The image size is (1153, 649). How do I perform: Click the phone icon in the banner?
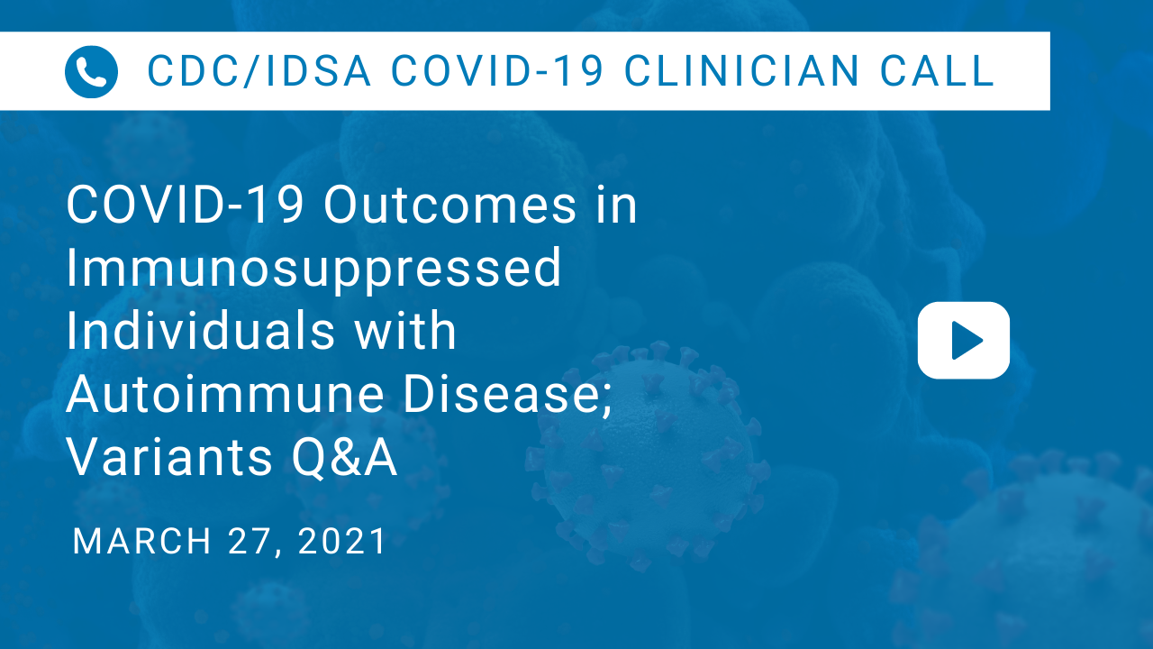[91, 71]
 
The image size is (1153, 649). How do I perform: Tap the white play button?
[964, 341]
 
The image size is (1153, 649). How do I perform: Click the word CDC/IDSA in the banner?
[259, 70]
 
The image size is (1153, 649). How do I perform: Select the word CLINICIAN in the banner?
[741, 70]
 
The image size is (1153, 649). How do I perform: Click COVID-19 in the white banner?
[497, 70]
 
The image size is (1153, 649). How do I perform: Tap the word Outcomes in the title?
[449, 205]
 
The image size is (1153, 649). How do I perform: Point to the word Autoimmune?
[225, 394]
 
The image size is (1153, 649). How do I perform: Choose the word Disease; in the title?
[507, 395]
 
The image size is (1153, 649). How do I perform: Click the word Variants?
[168, 457]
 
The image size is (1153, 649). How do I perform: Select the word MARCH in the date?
[142, 542]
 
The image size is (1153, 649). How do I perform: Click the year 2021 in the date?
[341, 542]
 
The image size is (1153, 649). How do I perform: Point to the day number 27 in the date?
[250, 542]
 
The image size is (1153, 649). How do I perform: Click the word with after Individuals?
[405, 330]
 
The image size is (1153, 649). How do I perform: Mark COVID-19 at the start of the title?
[185, 205]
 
